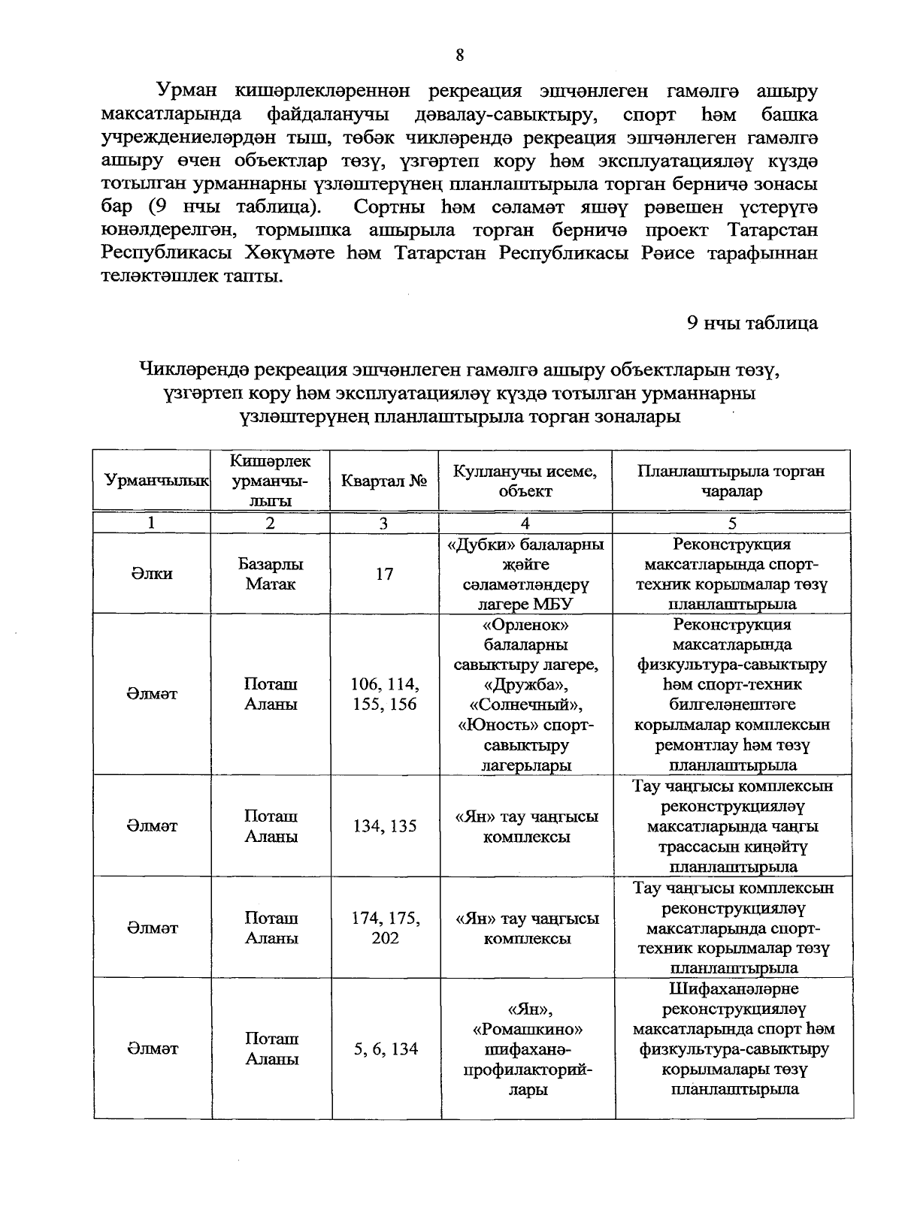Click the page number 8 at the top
(x=459, y=55)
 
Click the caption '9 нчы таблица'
(x=752, y=323)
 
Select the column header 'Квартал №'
(x=384, y=481)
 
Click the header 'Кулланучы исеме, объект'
(x=525, y=481)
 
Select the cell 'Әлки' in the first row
(x=153, y=574)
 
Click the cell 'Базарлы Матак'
(x=271, y=574)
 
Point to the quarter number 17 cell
(x=384, y=574)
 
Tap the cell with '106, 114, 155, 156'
(x=384, y=694)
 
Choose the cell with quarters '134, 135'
(x=384, y=826)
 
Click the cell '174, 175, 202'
(x=384, y=928)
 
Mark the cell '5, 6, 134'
(x=384, y=1048)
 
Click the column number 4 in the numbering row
(x=525, y=523)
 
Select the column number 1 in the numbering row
(x=153, y=523)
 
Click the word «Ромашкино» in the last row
(x=525, y=1028)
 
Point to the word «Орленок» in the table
(x=525, y=624)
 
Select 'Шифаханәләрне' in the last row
(x=732, y=988)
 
